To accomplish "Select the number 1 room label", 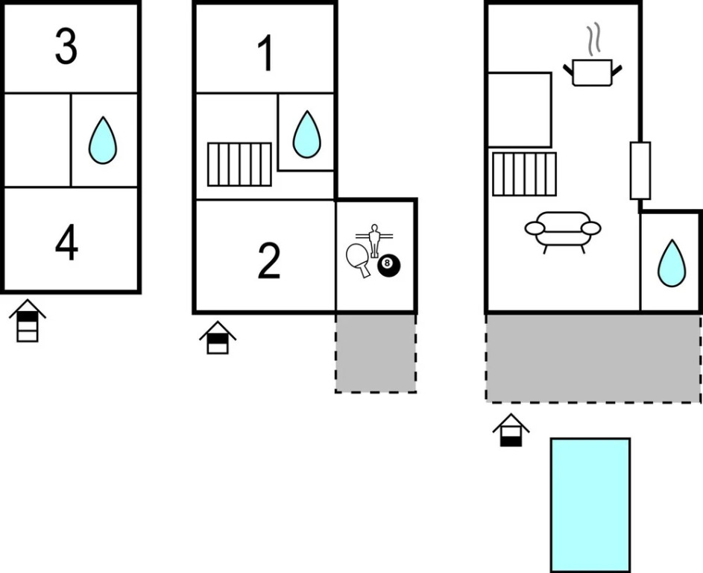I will point(265,54).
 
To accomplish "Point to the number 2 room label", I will point(268,260).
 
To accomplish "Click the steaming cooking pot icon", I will point(593,72).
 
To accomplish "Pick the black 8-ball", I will point(388,265).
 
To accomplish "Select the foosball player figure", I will point(374,239).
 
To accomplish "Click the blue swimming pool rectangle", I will point(590,504).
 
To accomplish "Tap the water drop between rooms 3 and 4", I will point(103,141).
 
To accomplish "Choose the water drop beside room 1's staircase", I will point(306,134).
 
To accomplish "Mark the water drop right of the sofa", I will point(671,263).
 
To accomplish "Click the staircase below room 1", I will point(239,164).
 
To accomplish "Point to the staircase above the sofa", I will point(524,174).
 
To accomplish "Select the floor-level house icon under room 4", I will point(28,320).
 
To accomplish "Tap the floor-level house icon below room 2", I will point(218,337).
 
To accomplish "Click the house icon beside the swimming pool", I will point(511,430).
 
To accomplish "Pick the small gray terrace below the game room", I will point(375,352).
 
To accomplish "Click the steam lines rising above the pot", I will point(593,40).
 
